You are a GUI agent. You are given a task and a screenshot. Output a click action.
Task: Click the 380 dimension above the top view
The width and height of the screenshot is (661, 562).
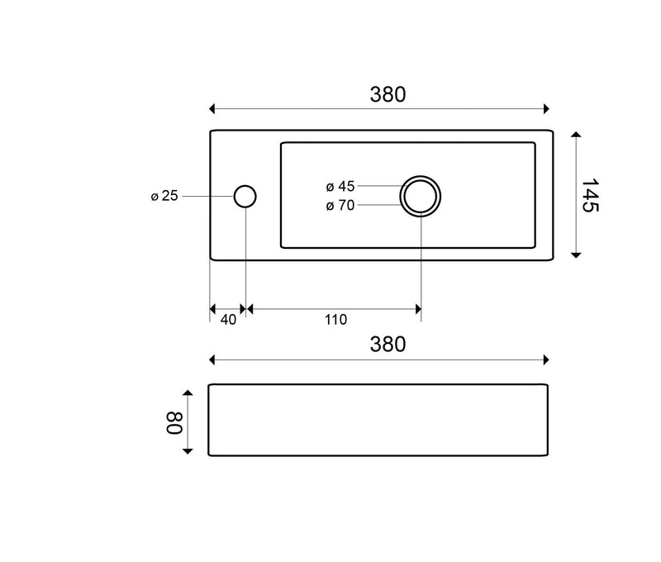pos(388,94)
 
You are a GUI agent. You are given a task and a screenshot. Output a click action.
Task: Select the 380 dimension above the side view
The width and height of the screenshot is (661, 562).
pos(388,345)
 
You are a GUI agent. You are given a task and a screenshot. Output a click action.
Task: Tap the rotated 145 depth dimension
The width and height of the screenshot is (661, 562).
pos(589,195)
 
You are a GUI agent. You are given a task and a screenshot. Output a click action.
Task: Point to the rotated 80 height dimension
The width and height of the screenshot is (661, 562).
pos(175,421)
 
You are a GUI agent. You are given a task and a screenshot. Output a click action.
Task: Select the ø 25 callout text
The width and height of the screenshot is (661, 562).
pos(164,196)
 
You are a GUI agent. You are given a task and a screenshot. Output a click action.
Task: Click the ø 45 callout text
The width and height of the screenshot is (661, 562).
pos(340,185)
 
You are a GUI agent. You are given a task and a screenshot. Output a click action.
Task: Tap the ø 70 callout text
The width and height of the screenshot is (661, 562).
pos(340,206)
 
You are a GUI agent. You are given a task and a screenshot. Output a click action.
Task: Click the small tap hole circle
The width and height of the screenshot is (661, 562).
pos(245,196)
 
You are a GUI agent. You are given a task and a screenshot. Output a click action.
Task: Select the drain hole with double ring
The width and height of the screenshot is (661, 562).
pos(421,196)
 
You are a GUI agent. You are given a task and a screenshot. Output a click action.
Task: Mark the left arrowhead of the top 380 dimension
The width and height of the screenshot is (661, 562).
pos(213,108)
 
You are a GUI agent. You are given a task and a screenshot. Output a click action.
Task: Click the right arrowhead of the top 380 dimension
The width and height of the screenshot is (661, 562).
pos(545,108)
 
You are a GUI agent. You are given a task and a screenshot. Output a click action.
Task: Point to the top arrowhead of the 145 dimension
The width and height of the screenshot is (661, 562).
pos(576,134)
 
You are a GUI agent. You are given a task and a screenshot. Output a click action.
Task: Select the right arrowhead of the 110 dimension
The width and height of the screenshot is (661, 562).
pos(418,308)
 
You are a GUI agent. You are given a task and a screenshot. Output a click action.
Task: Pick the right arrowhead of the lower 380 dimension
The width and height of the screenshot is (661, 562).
pos(545,360)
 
